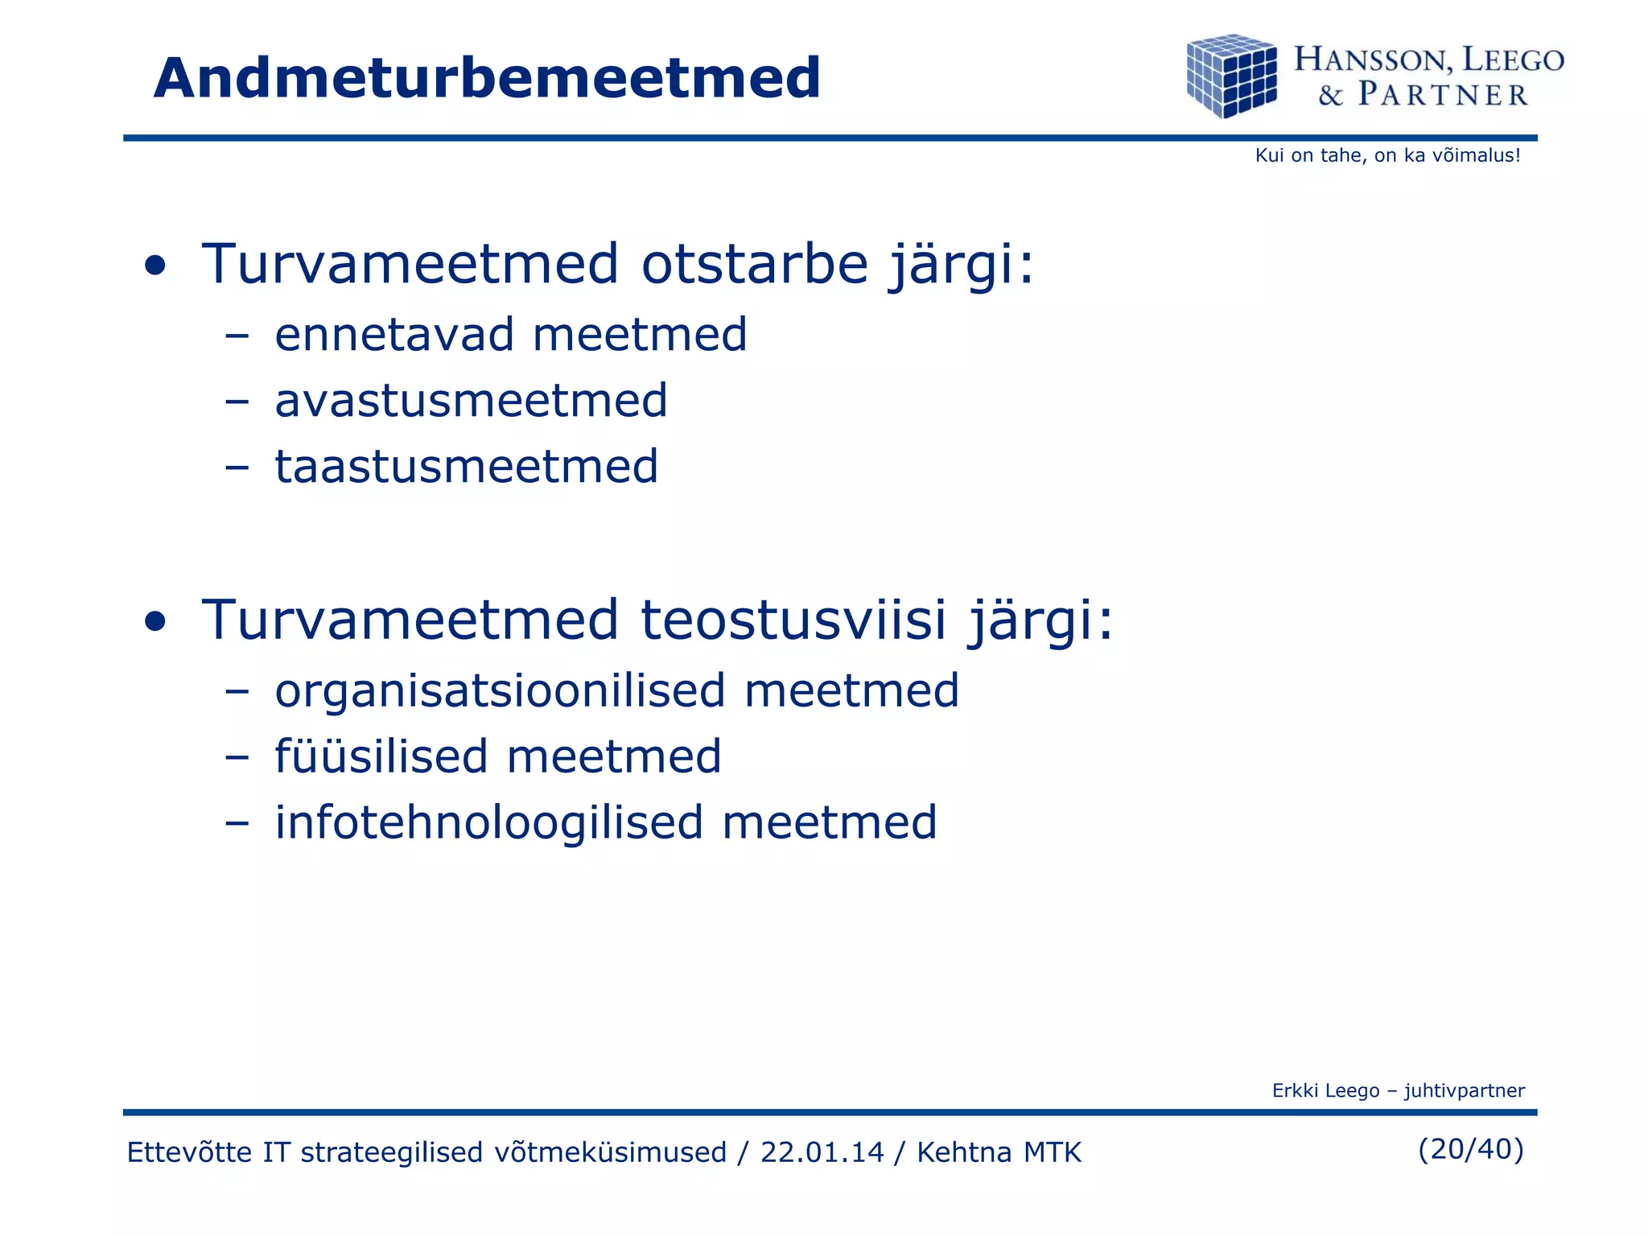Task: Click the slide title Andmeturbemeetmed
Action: (487, 79)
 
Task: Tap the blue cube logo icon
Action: (1231, 76)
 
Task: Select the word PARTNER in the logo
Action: (1443, 95)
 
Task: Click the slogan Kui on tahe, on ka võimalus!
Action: (1387, 155)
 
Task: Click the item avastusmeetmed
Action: (471, 401)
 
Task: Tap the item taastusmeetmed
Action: (467, 467)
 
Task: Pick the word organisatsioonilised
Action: (500, 691)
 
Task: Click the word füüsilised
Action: (381, 757)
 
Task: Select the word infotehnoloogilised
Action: (488, 823)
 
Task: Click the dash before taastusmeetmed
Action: (237, 467)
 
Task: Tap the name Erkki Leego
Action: (1325, 1090)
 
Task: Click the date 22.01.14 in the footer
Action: (822, 1152)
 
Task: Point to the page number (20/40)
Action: (1470, 1149)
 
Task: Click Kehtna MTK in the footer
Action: (999, 1152)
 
